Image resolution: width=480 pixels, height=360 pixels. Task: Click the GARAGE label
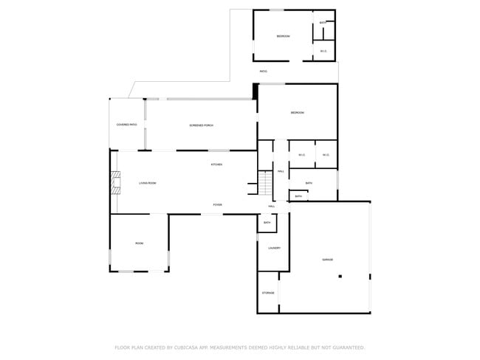(327, 260)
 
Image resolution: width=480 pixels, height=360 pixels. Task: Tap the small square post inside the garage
(340, 277)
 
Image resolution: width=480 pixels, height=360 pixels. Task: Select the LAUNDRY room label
(274, 248)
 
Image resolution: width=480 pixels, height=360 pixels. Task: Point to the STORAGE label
(268, 293)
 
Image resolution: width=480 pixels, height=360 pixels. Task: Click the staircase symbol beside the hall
(265, 181)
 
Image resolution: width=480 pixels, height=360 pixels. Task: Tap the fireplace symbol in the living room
(114, 182)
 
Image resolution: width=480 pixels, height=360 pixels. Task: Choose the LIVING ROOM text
(148, 182)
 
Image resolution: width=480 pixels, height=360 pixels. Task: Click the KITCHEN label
(216, 164)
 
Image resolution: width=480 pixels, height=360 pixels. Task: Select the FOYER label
(218, 204)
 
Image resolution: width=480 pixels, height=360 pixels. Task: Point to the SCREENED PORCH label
(202, 125)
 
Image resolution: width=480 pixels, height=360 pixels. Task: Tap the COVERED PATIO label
(127, 125)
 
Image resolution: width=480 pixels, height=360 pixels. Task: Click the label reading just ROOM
(139, 243)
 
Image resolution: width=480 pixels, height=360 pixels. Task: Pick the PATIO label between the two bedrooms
(263, 71)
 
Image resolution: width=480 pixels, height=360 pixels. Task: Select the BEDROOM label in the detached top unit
(283, 36)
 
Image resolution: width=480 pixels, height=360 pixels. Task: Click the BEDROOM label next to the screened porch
(297, 112)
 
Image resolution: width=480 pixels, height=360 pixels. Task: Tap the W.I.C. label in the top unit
(323, 51)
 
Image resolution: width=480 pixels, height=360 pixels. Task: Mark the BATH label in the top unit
(323, 23)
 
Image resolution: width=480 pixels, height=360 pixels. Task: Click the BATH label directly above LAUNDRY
(267, 222)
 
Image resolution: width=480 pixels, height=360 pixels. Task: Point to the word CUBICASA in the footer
(188, 347)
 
